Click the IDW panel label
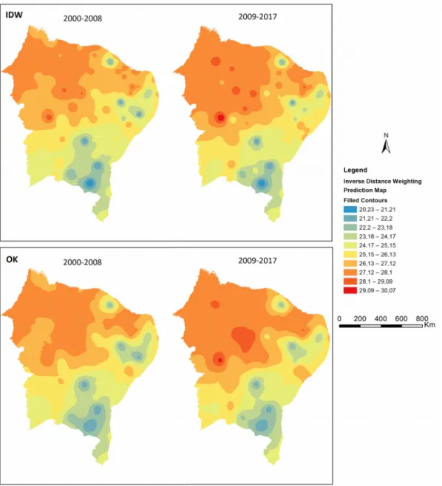(14, 15)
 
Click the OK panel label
(12, 259)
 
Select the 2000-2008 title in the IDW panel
(83, 18)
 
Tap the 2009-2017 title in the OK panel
(257, 260)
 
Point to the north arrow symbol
(386, 144)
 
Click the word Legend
(355, 170)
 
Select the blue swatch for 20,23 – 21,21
(350, 210)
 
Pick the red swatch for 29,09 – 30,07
(350, 290)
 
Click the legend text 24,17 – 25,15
(378, 245)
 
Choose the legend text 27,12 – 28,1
(375, 273)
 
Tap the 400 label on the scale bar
(380, 318)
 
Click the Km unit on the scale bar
(429, 324)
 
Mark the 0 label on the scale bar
(339, 318)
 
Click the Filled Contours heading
(365, 200)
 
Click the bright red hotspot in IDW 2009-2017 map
(220, 117)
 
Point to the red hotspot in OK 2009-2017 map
(220, 360)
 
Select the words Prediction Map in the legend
(365, 190)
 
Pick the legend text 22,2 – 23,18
(376, 227)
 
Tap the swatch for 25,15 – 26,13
(350, 255)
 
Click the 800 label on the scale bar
(422, 318)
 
